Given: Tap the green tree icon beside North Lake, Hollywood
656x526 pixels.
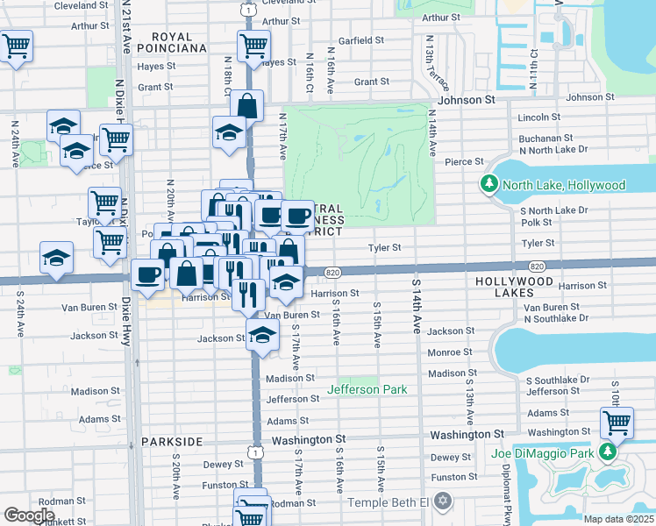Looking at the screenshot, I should click(x=488, y=185).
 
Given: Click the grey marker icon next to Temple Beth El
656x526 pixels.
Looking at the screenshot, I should click(x=443, y=502).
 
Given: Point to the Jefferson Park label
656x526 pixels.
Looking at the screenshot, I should click(x=367, y=389).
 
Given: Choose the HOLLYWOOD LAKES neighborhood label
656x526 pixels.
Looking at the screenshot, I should click(x=515, y=281).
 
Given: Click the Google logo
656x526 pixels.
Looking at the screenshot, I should click(x=29, y=515).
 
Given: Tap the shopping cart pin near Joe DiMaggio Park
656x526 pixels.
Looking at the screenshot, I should click(x=617, y=423).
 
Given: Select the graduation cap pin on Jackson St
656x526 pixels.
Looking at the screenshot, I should click(x=261, y=335).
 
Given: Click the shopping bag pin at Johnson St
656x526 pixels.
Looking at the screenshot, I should click(x=247, y=105).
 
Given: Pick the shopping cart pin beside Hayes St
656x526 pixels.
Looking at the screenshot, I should click(x=253, y=46).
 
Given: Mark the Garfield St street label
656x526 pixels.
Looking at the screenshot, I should click(x=361, y=40).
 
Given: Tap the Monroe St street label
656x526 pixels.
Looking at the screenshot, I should click(x=449, y=352).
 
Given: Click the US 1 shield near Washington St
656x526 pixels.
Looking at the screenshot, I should click(x=255, y=451).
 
